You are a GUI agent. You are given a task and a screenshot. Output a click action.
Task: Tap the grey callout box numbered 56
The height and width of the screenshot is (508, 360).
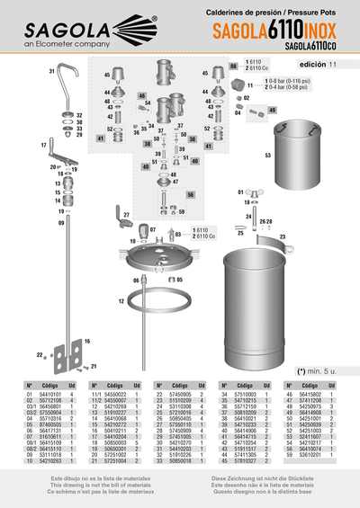tap(191, 193)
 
